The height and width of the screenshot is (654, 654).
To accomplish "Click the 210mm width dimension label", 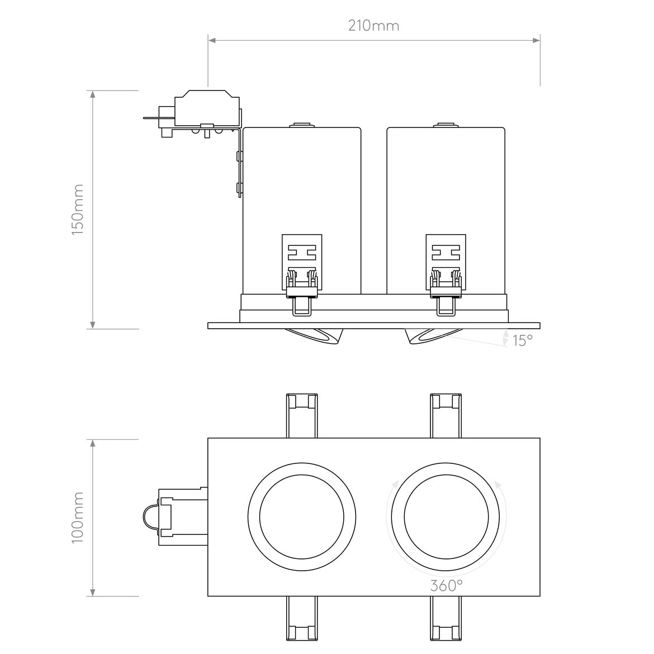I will pyautogui.click(x=373, y=26).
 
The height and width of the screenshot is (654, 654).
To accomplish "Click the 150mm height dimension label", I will pyautogui.click(x=78, y=210).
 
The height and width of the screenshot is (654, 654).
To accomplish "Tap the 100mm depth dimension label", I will pyautogui.click(x=78, y=518).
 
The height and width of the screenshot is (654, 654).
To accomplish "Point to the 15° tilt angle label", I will pyautogui.click(x=522, y=340).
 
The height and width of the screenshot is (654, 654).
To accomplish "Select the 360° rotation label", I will pyautogui.click(x=446, y=585).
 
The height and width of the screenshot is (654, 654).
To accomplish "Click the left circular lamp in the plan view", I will pyautogui.click(x=301, y=516).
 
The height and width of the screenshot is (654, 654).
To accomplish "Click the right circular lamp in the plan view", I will pyautogui.click(x=445, y=516).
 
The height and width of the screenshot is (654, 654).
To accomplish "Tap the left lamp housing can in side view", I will pyautogui.click(x=302, y=184).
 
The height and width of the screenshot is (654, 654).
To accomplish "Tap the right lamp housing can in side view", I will pyautogui.click(x=446, y=184).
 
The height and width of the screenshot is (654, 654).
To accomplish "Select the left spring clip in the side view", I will pyautogui.click(x=302, y=274).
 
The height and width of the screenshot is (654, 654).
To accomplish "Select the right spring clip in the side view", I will pyautogui.click(x=446, y=274).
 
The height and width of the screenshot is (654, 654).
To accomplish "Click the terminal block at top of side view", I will pyautogui.click(x=207, y=109).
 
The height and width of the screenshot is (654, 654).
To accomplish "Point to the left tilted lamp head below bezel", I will pyautogui.click(x=316, y=336).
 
